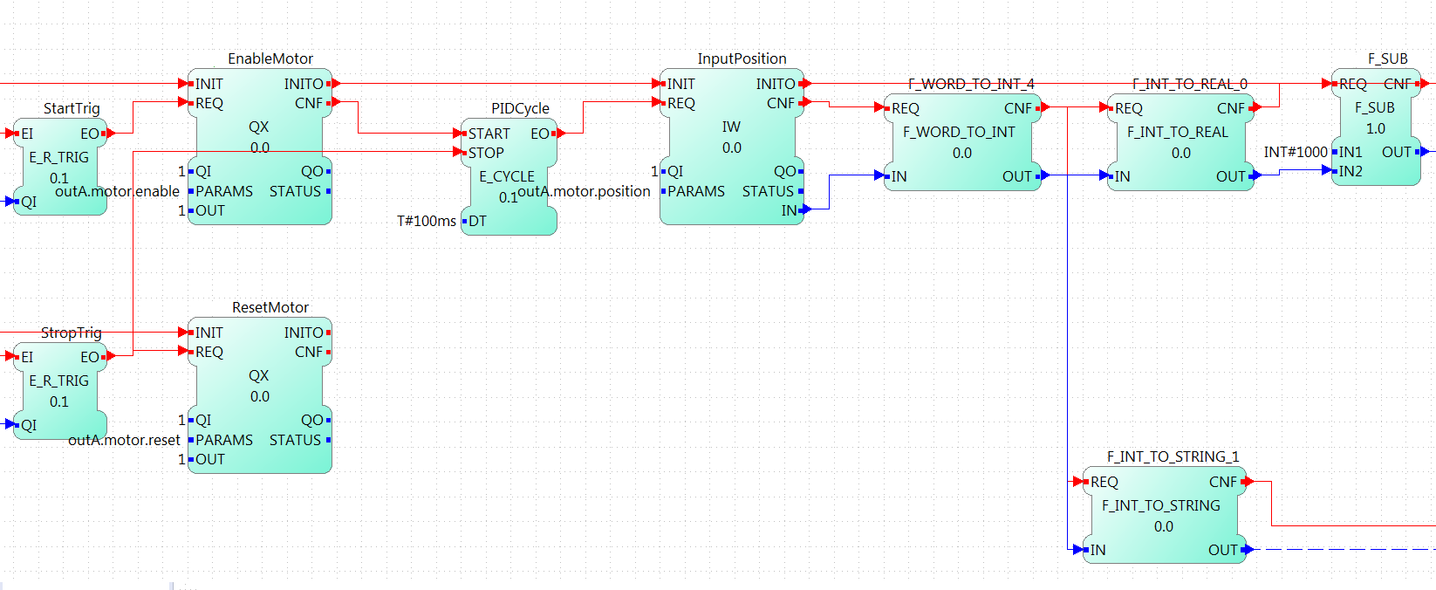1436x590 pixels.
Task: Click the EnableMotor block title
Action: (x=270, y=58)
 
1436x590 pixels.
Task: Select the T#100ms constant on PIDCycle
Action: (x=426, y=221)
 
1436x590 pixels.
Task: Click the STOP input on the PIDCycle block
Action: (x=485, y=153)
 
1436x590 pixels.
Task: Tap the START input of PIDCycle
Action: (x=488, y=134)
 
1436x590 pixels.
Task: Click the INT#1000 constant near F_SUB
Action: (x=1296, y=152)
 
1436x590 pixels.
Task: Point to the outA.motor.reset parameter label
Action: (x=124, y=440)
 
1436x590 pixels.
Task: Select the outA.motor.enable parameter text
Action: (x=117, y=191)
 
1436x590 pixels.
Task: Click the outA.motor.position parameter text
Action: (x=584, y=191)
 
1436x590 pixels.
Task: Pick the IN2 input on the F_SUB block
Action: (x=1350, y=171)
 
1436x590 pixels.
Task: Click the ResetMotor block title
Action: (x=270, y=307)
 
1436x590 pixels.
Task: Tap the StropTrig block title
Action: (x=72, y=333)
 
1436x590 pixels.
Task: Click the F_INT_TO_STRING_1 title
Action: (x=1173, y=456)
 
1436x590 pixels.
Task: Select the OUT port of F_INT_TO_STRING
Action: (x=1224, y=550)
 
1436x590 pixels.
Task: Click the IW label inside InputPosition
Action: (x=731, y=127)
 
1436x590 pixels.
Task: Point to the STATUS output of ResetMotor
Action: (x=296, y=440)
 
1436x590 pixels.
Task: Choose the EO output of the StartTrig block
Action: (x=91, y=134)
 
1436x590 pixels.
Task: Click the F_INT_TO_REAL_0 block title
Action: (x=1189, y=84)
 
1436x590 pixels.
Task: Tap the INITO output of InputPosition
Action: (x=776, y=84)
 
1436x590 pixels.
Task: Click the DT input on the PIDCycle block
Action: (x=476, y=221)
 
